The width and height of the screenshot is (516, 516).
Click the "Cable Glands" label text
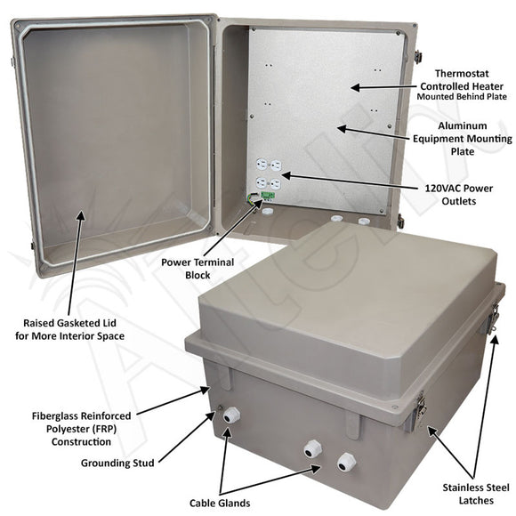click(220, 501)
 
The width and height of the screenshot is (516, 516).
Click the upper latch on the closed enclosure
click(492, 318)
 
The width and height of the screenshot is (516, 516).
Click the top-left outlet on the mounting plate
click(262, 165)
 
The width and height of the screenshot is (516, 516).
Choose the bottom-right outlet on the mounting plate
click(275, 183)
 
